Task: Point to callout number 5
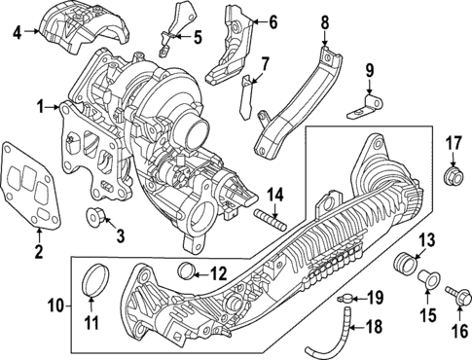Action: tap(198, 38)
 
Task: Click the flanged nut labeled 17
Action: tap(454, 177)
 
